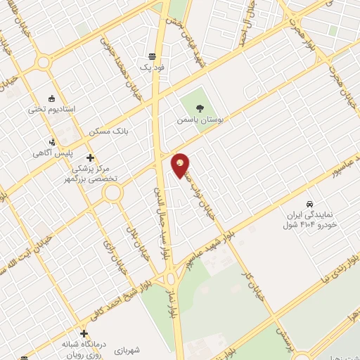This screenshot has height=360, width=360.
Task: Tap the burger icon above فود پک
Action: coord(153,57)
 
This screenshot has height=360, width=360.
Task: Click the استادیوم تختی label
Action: coord(51,110)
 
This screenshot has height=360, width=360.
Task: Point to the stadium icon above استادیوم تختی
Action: coord(51,98)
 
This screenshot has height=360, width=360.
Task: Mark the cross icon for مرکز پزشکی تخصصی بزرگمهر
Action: coord(89,157)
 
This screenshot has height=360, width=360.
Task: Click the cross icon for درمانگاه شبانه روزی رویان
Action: coord(84,333)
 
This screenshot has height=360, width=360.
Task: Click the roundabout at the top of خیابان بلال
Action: coord(113,193)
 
